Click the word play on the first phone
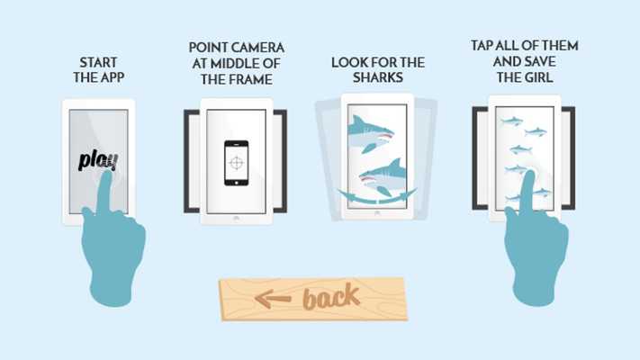[98, 160]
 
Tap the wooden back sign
[313, 299]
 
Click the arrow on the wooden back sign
[273, 299]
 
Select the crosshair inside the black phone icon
[237, 163]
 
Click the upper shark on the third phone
[370, 134]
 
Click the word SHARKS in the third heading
[378, 77]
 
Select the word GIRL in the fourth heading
[538, 77]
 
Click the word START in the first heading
[98, 62]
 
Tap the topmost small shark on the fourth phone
[511, 121]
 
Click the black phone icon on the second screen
[237, 163]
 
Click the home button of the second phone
[237, 219]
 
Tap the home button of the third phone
[377, 213]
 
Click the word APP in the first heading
[112, 77]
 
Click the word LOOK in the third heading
[346, 62]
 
